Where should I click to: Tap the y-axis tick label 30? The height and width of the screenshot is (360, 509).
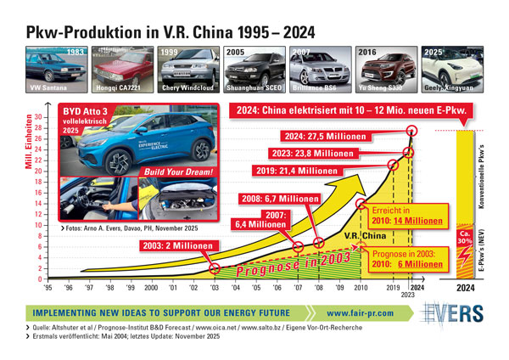pos(35,117)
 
